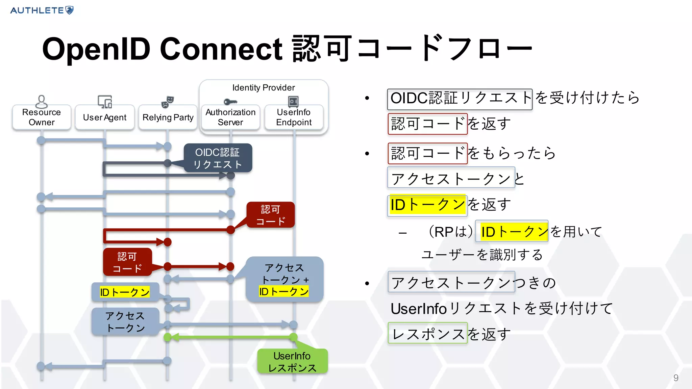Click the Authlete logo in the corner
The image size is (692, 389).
pos(42,10)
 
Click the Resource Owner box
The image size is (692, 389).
pos(42,117)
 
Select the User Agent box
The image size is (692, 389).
pos(105,118)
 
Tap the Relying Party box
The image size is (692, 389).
pos(168,118)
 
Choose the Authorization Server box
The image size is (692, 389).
pos(230,117)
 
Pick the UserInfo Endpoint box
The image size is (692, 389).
pos(294,117)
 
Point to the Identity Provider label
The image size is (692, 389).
pos(264,88)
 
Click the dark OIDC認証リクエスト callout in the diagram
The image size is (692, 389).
pos(218,158)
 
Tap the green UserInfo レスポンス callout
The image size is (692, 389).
pos(292,361)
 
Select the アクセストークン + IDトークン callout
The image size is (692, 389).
pos(285,279)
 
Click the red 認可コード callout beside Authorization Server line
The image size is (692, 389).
pos(271,215)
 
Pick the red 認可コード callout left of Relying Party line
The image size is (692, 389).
pos(127,262)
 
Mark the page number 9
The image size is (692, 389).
pos(676,378)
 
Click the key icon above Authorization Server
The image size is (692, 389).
pos(230,102)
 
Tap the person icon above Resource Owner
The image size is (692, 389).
pos(41,101)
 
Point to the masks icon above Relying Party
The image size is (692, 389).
pos(168,102)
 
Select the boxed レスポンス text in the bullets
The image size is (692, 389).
pos(428,333)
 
